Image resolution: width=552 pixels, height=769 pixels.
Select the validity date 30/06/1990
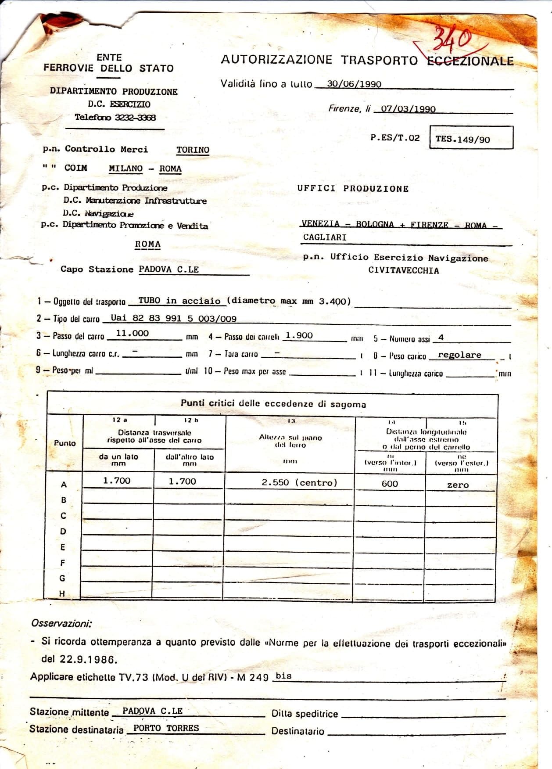click(x=354, y=84)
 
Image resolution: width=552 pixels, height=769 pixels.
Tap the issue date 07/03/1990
click(x=408, y=109)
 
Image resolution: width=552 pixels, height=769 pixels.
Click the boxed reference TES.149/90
click(x=462, y=140)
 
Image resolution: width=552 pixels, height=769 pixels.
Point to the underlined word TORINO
click(x=193, y=150)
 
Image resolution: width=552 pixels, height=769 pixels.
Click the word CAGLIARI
click(x=325, y=237)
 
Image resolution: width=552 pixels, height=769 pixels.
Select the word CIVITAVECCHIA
click(x=403, y=270)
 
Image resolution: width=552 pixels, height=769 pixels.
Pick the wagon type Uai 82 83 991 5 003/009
click(x=173, y=318)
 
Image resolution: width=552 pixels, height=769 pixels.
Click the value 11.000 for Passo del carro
click(x=132, y=333)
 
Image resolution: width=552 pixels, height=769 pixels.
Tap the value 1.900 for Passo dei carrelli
click(x=299, y=335)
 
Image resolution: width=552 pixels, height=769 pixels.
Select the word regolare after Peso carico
click(x=459, y=355)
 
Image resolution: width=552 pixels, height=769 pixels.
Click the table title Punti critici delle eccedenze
click(x=273, y=403)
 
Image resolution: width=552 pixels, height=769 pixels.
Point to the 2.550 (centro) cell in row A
click(x=299, y=482)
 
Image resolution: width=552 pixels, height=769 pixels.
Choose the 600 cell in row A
click(x=390, y=484)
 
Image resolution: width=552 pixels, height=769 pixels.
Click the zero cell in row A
click(x=458, y=485)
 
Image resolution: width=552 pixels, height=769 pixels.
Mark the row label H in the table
click(x=62, y=593)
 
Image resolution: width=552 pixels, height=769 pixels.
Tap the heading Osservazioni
click(x=61, y=623)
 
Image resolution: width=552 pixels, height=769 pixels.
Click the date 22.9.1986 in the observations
click(x=88, y=659)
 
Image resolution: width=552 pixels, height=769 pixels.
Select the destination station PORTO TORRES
click(x=166, y=728)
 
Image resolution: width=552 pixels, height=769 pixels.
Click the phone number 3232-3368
click(x=135, y=117)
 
